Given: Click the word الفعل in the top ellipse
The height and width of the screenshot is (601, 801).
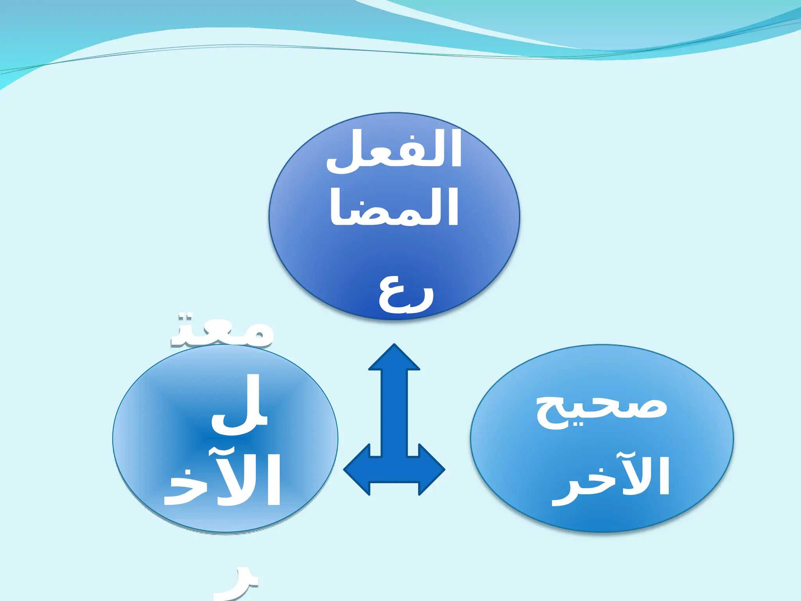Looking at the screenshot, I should pos(394,151).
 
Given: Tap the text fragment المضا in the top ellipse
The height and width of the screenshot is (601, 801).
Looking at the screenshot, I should pos(394,207).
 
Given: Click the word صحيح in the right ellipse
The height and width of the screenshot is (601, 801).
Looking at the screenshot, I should pos(602,411).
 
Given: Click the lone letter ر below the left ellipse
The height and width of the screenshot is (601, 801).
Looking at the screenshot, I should pos(237,587).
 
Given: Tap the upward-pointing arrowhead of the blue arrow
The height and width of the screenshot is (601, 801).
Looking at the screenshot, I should pos(394,358).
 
